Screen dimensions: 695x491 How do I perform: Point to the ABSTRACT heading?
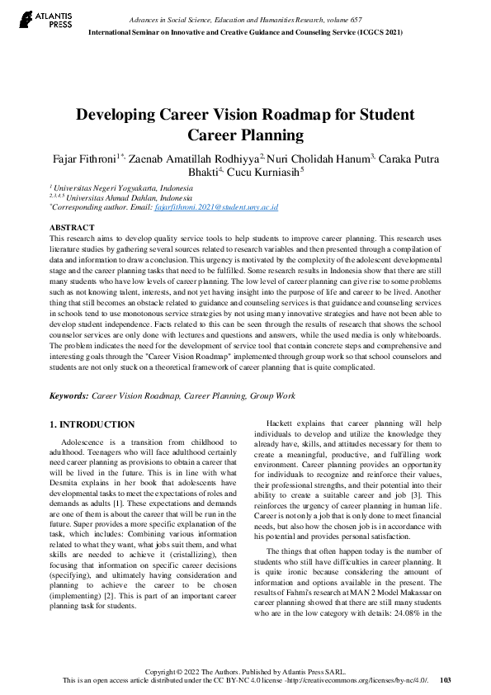pos(72,226)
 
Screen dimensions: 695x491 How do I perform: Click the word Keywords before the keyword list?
pos(68,396)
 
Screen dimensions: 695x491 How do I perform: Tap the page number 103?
pos(446,680)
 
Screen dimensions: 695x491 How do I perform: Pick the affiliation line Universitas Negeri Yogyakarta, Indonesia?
pos(120,188)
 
